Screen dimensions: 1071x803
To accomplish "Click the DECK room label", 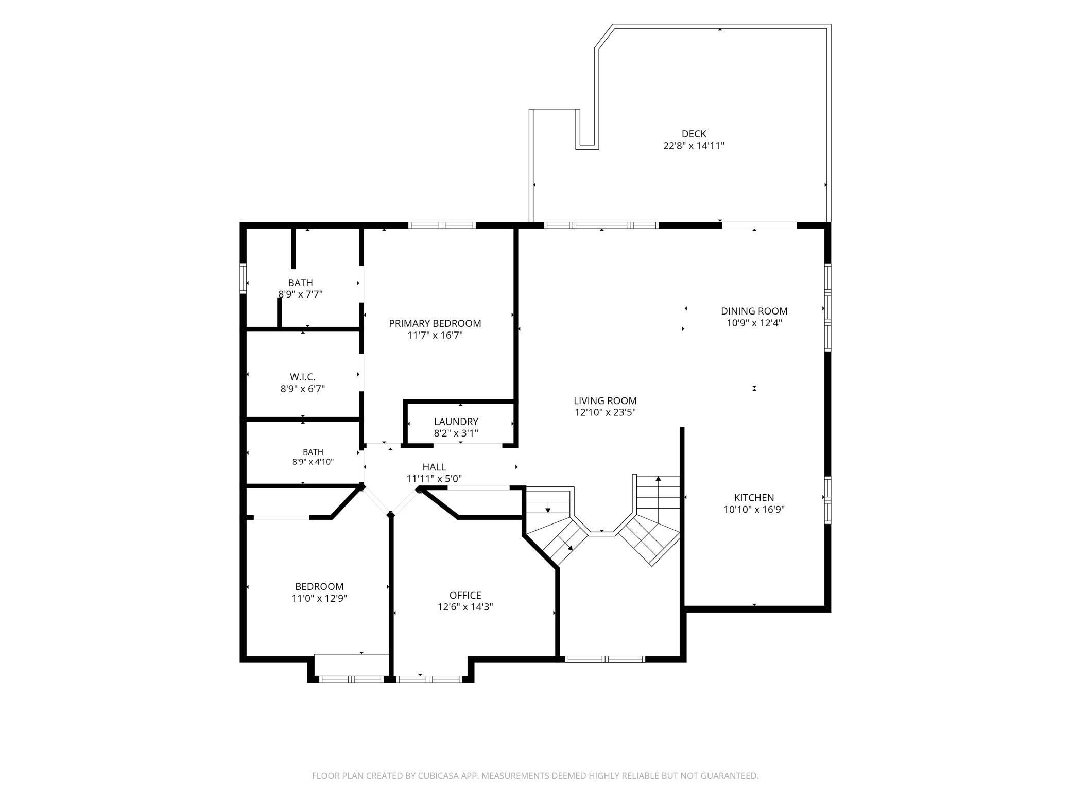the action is [694, 134].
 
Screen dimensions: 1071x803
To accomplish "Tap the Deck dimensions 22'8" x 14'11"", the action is [694, 146].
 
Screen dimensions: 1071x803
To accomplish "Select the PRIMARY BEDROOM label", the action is [435, 323].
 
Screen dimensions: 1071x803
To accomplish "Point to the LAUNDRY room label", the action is [456, 422].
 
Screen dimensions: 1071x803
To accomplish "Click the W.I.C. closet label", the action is [303, 377].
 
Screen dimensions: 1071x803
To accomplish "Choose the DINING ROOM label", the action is [754, 311].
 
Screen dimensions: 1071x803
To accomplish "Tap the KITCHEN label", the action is [754, 498].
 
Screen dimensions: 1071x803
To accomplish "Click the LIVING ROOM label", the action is [606, 400].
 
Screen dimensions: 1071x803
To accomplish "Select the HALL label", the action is [434, 467].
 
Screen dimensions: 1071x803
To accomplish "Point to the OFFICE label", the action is [465, 596].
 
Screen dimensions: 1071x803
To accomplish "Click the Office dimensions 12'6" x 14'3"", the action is [465, 607].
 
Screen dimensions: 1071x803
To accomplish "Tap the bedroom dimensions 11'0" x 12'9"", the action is [319, 598].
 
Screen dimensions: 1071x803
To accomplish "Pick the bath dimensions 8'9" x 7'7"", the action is [301, 294].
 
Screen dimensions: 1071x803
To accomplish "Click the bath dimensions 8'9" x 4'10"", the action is [313, 462].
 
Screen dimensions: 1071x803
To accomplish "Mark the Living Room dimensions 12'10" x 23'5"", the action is [606, 412].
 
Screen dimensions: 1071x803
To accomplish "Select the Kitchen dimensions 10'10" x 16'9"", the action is [754, 510].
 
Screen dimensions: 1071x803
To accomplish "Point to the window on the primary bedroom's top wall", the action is [442, 225].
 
